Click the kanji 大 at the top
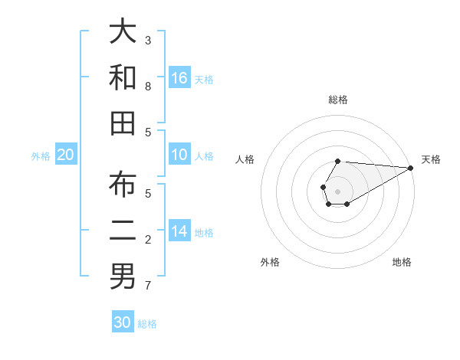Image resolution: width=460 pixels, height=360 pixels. (122, 32)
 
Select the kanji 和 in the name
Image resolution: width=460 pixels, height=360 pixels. (122, 77)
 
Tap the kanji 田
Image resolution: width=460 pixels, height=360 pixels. (122, 122)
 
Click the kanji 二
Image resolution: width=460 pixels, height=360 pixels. (122, 231)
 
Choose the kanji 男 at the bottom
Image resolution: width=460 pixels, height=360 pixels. (122, 276)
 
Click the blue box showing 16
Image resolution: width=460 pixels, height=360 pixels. (179, 78)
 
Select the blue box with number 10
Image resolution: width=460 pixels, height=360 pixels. (179, 155)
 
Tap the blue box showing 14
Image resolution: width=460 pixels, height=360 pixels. (179, 231)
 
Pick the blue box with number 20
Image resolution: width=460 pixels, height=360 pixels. (65, 155)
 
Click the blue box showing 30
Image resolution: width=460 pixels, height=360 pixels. (123, 322)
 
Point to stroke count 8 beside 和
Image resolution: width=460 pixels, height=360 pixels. (148, 87)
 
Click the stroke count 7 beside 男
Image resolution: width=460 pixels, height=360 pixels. (148, 286)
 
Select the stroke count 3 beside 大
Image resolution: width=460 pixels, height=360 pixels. (148, 40)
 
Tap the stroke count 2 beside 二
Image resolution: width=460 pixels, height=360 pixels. (148, 240)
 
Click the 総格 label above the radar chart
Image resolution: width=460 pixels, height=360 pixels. (338, 100)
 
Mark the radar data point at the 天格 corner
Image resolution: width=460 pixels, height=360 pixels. (411, 167)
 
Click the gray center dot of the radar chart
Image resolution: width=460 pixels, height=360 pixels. (338, 190)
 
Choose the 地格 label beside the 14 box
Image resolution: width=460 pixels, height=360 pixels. (205, 232)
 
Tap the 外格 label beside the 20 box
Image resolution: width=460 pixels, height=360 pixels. (41, 155)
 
